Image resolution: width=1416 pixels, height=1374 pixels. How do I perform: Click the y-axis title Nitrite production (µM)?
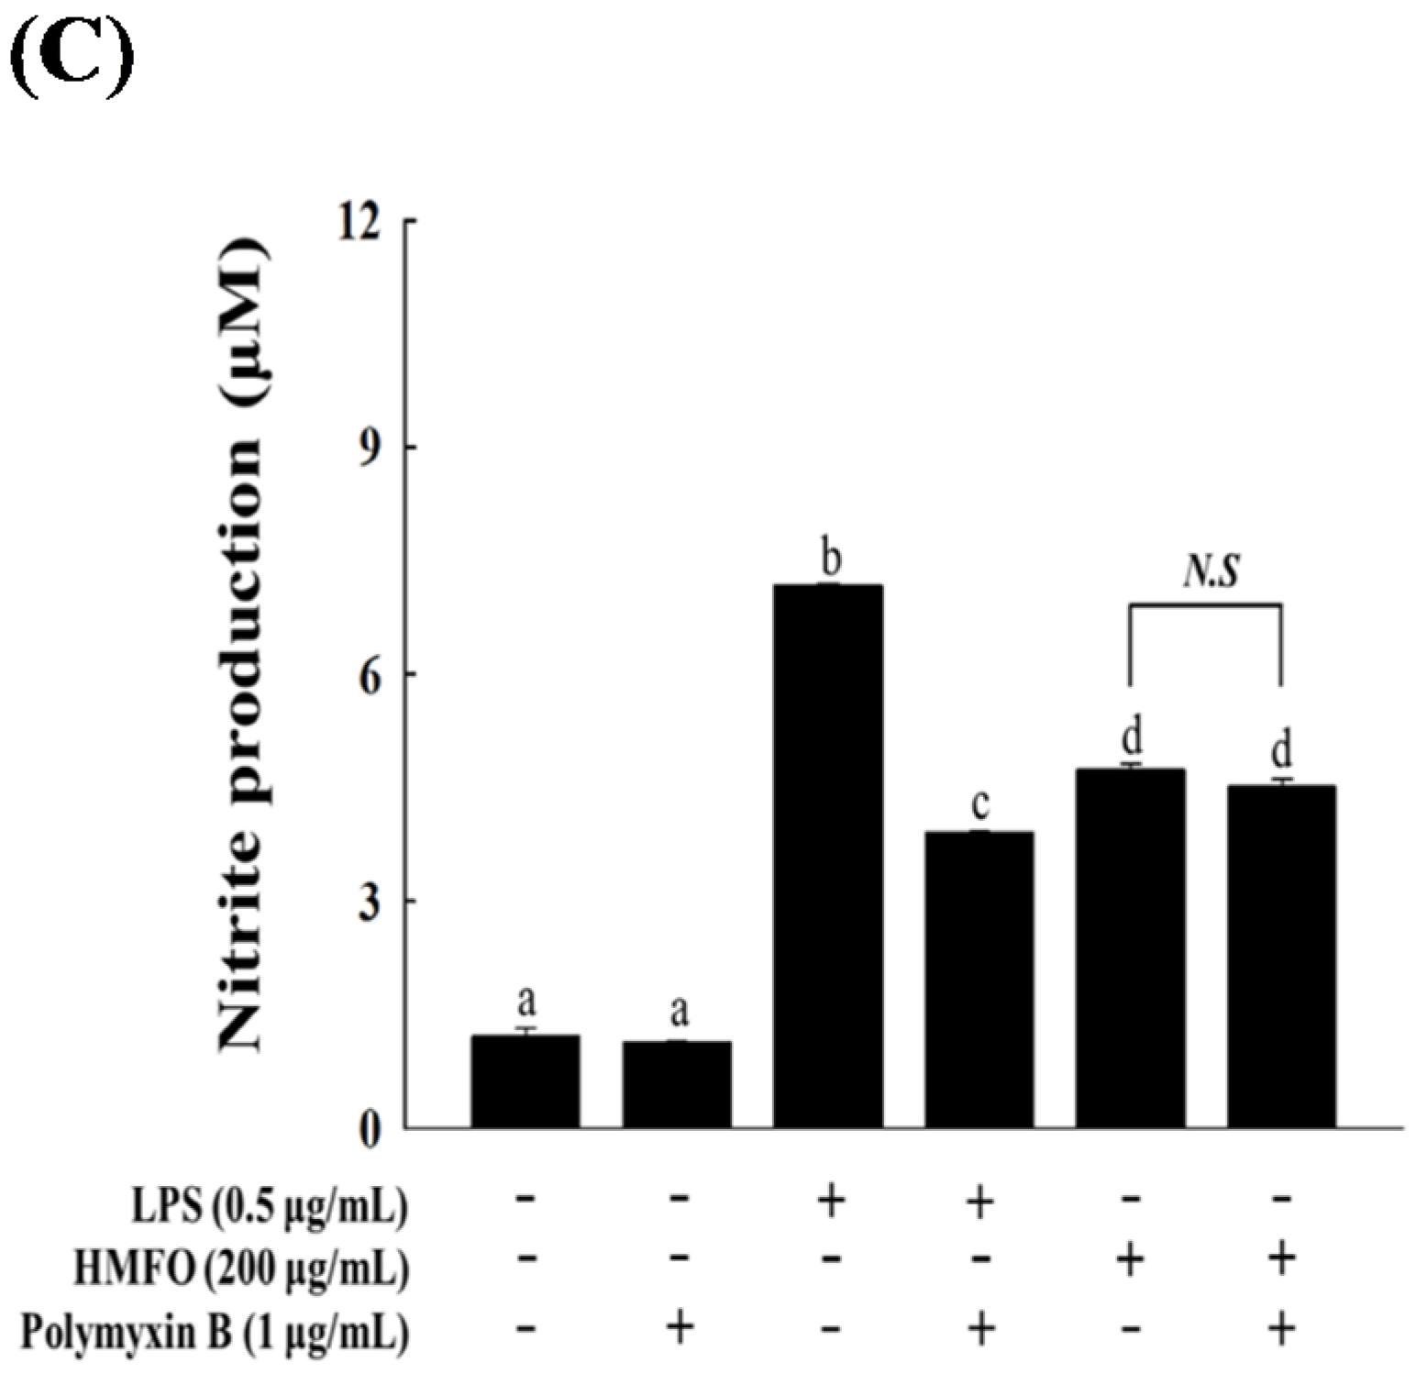click(241, 647)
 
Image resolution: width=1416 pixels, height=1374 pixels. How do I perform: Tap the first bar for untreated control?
click(525, 1081)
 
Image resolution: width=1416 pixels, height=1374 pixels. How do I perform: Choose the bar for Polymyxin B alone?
click(677, 1084)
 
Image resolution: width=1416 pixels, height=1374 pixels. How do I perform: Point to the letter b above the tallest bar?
click(831, 559)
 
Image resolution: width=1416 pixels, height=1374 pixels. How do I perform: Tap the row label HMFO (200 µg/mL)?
click(241, 1269)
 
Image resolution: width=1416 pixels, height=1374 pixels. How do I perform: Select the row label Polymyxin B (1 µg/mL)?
click(215, 1332)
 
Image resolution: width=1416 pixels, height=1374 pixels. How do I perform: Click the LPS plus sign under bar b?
click(830, 1201)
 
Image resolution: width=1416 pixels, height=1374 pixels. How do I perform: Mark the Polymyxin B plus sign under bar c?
click(980, 1327)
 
